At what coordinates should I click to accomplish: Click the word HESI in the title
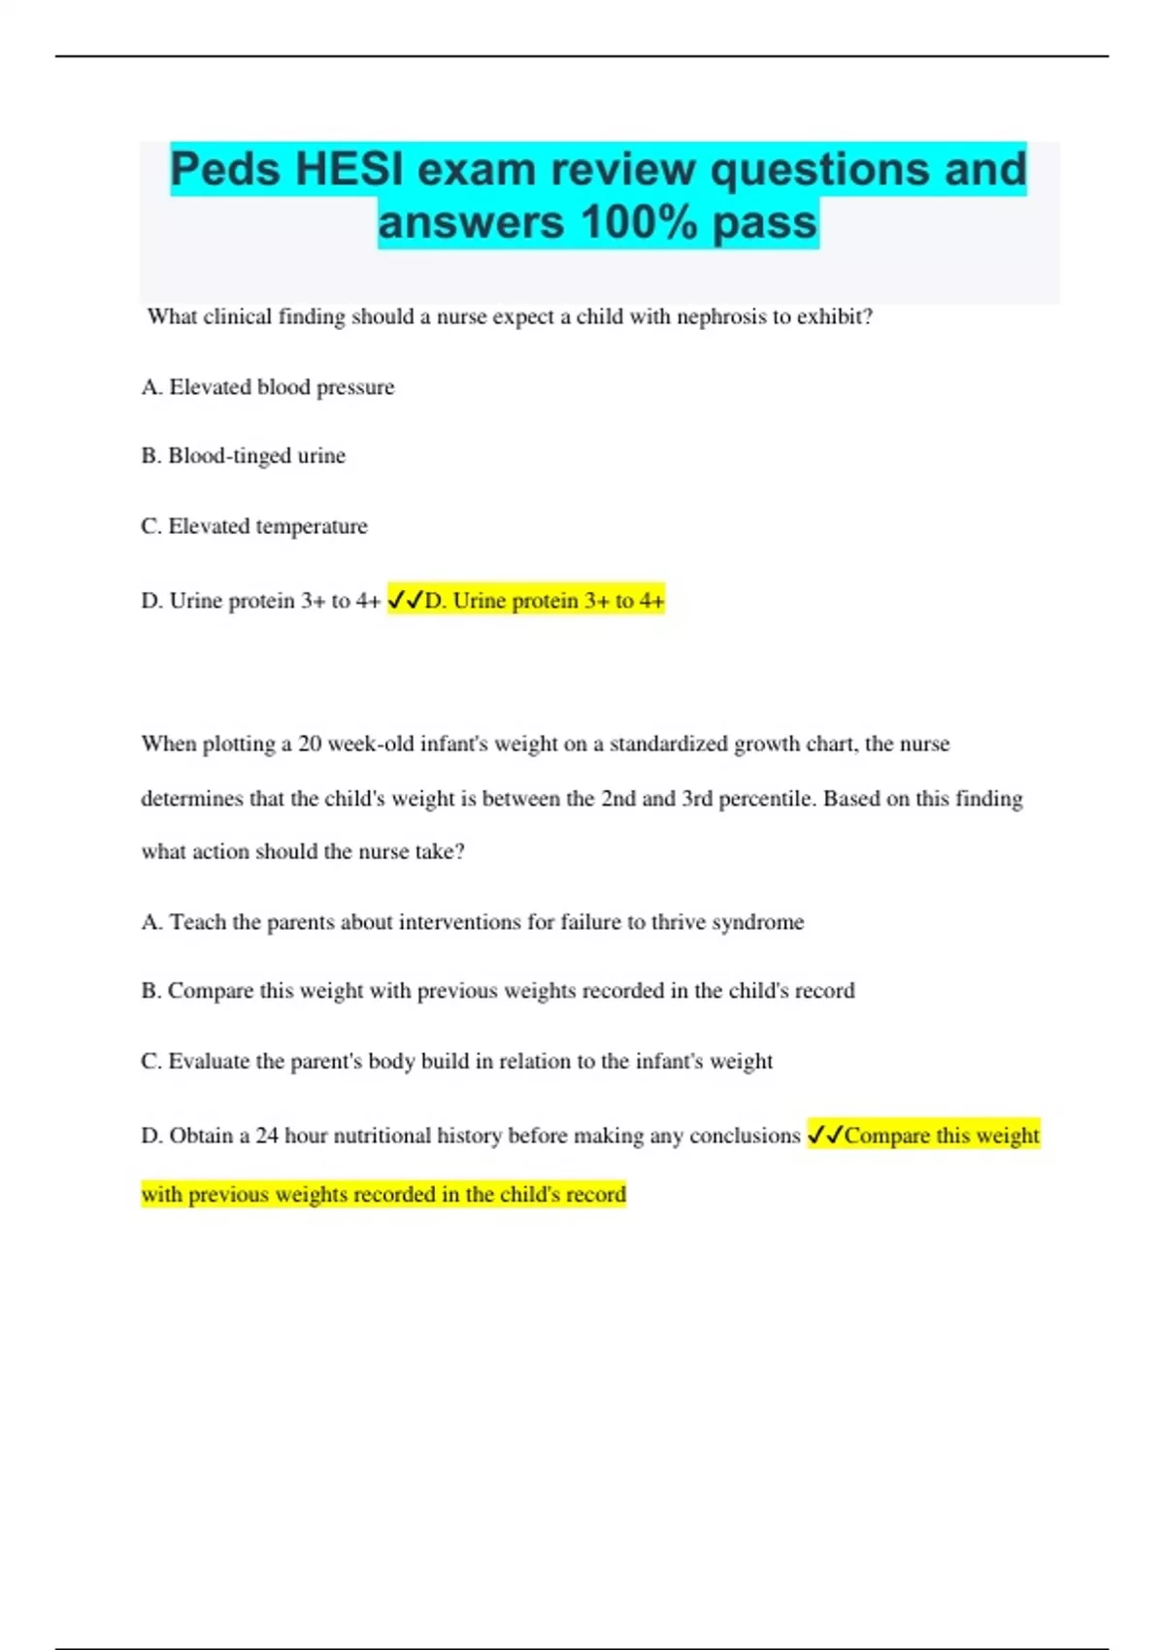click(x=349, y=170)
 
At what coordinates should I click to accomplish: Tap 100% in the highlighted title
click(x=639, y=222)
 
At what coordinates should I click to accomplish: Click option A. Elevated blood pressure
click(x=268, y=387)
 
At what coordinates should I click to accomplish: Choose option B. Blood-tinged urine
click(x=244, y=456)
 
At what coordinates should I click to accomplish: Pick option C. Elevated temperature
click(x=254, y=526)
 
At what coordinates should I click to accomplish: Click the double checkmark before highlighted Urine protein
click(x=405, y=601)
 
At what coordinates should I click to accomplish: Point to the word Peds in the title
click(x=225, y=170)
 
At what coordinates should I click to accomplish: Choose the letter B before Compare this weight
click(x=150, y=991)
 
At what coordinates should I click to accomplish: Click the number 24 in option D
click(x=267, y=1136)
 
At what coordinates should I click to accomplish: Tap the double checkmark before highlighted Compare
click(x=825, y=1135)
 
